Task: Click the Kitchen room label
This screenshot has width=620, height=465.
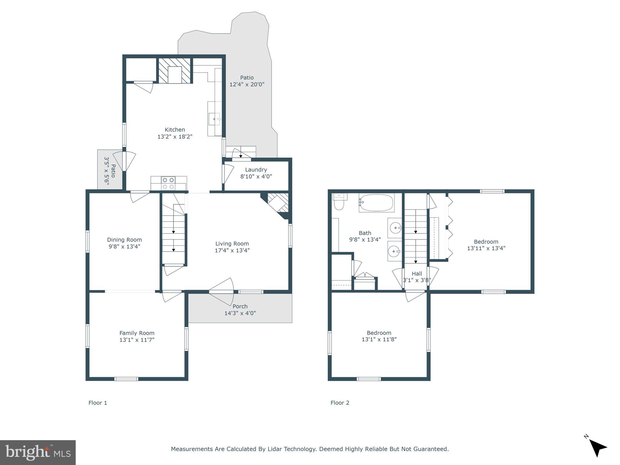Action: [175, 130]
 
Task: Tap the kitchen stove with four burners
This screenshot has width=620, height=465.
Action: [168, 183]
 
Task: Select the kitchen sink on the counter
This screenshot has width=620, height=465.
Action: [214, 119]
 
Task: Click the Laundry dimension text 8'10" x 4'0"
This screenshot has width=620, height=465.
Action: [256, 176]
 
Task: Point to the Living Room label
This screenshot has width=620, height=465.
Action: [232, 243]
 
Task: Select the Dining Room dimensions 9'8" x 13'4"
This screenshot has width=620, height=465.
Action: [124, 246]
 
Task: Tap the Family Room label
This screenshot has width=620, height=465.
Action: [137, 333]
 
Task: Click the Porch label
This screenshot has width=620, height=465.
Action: [240, 306]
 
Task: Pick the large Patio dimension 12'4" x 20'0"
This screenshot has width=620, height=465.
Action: [247, 84]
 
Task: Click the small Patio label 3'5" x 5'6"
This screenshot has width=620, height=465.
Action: [110, 170]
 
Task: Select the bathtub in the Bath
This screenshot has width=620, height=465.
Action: [376, 203]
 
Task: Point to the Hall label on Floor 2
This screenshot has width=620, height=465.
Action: [417, 274]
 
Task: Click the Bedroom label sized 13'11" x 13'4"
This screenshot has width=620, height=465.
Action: [486, 242]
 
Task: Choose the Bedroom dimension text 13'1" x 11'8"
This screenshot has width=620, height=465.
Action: [379, 339]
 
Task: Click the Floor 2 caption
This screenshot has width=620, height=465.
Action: [340, 403]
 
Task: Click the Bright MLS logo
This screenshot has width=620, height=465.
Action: [38, 453]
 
